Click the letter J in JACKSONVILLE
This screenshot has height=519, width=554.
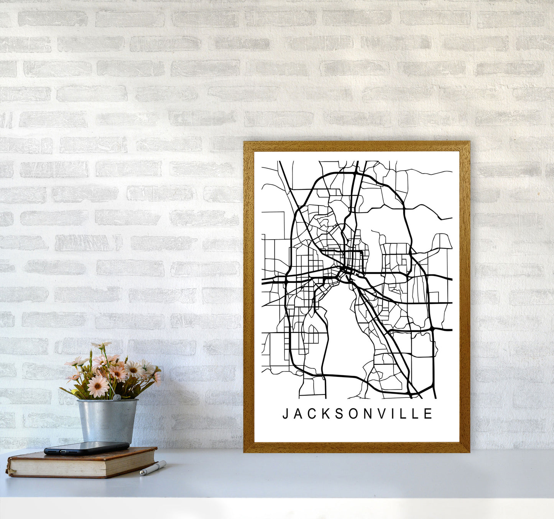pos(285,414)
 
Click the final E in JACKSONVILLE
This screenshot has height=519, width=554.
pos(429,414)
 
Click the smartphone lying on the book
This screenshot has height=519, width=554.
pos(87,448)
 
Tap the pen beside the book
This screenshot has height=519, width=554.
pos(153,468)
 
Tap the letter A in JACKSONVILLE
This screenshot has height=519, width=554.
pos(298,414)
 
